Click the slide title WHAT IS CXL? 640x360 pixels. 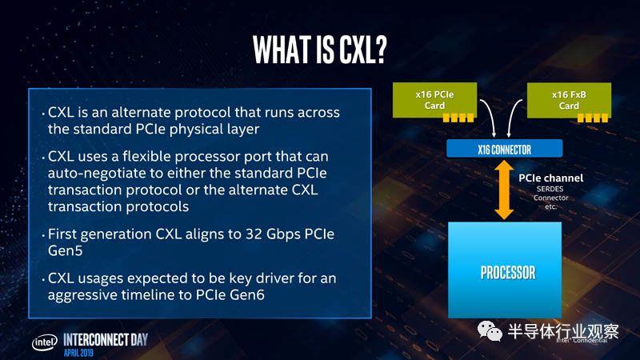(319, 50)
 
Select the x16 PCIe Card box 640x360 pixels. (434, 100)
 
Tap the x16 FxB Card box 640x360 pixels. (569, 100)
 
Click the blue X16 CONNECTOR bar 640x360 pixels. (505, 149)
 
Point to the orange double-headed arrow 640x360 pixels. (505, 190)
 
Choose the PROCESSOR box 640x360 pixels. (505, 270)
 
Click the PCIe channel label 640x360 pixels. (551, 178)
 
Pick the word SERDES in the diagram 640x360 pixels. (550, 189)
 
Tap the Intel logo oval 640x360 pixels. (45, 343)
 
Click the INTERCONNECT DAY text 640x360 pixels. (106, 339)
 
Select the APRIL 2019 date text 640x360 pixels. (78, 353)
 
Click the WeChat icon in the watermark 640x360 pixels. (490, 331)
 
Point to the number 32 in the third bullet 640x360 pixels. (254, 234)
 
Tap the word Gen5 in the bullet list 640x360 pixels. (66, 250)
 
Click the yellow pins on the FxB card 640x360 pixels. (593, 118)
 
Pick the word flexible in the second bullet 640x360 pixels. (146, 156)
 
